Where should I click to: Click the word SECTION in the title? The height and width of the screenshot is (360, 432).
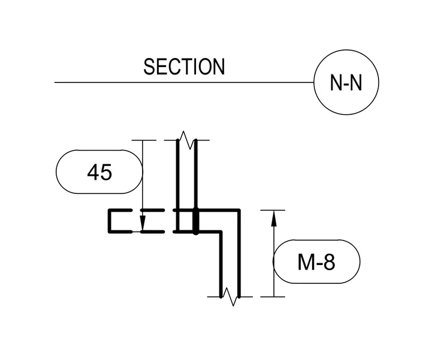pos(184,67)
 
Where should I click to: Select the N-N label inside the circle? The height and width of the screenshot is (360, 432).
pos(346,82)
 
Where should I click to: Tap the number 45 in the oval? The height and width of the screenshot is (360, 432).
pos(99,172)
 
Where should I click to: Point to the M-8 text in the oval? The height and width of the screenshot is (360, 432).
pos(316,262)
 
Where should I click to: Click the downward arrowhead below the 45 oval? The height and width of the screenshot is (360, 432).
pos(143,224)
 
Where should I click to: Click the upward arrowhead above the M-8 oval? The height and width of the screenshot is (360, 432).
pos(273,218)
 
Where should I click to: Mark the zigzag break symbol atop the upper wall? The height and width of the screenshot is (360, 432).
pos(186,140)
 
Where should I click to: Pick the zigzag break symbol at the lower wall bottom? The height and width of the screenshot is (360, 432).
pos(230,297)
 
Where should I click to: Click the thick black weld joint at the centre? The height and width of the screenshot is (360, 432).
pos(196,221)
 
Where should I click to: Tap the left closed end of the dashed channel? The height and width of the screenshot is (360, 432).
pos(110,221)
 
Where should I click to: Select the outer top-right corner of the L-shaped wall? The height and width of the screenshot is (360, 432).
pos(239,210)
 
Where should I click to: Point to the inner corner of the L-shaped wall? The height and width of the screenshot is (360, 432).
pos(221,232)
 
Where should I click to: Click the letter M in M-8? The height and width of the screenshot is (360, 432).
pos(306,262)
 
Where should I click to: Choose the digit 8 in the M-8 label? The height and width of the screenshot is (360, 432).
pos(329,262)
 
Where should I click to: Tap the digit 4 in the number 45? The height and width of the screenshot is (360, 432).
pos(93,172)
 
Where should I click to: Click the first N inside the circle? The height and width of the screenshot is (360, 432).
pos(336,82)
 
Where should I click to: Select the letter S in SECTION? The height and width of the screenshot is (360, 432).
pos(149,67)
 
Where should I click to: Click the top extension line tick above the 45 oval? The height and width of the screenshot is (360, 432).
pos(144,140)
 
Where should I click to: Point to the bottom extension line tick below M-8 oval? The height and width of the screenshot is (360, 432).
pos(273,297)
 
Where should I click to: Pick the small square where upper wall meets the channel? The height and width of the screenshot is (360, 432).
pos(186,221)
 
